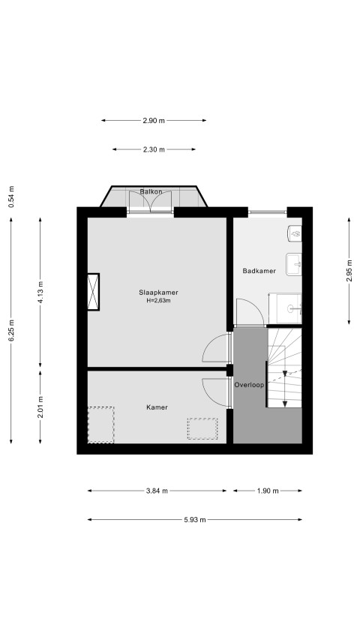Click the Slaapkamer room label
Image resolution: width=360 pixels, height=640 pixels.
click(158, 293)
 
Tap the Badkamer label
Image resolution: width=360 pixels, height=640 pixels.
click(259, 271)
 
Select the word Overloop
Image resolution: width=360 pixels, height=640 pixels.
click(249, 384)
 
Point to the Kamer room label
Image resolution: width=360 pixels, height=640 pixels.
click(157, 407)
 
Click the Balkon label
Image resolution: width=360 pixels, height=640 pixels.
click(151, 191)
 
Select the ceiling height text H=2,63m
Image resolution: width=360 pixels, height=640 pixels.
click(158, 300)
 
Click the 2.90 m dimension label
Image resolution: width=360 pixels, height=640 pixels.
click(154, 120)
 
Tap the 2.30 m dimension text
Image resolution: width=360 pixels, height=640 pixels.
click(154, 149)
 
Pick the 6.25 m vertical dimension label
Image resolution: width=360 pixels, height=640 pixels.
click(11, 331)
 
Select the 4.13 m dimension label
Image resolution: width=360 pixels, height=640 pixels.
click(40, 293)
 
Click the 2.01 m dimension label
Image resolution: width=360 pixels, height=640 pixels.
click(40, 407)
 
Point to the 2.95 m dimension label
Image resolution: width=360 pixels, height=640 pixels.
click(349, 271)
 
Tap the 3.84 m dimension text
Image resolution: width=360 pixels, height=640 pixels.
click(157, 491)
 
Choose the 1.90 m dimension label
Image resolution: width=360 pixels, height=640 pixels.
click(268, 491)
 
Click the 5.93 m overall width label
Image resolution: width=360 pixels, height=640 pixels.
click(195, 520)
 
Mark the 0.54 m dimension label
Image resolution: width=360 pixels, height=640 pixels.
click(11, 197)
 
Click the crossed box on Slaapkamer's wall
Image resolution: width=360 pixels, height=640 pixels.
click(94, 292)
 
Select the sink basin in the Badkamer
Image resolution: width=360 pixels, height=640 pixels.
click(294, 264)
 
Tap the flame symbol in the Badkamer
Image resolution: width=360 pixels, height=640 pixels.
click(295, 233)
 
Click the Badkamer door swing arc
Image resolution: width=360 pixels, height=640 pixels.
click(257, 308)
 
